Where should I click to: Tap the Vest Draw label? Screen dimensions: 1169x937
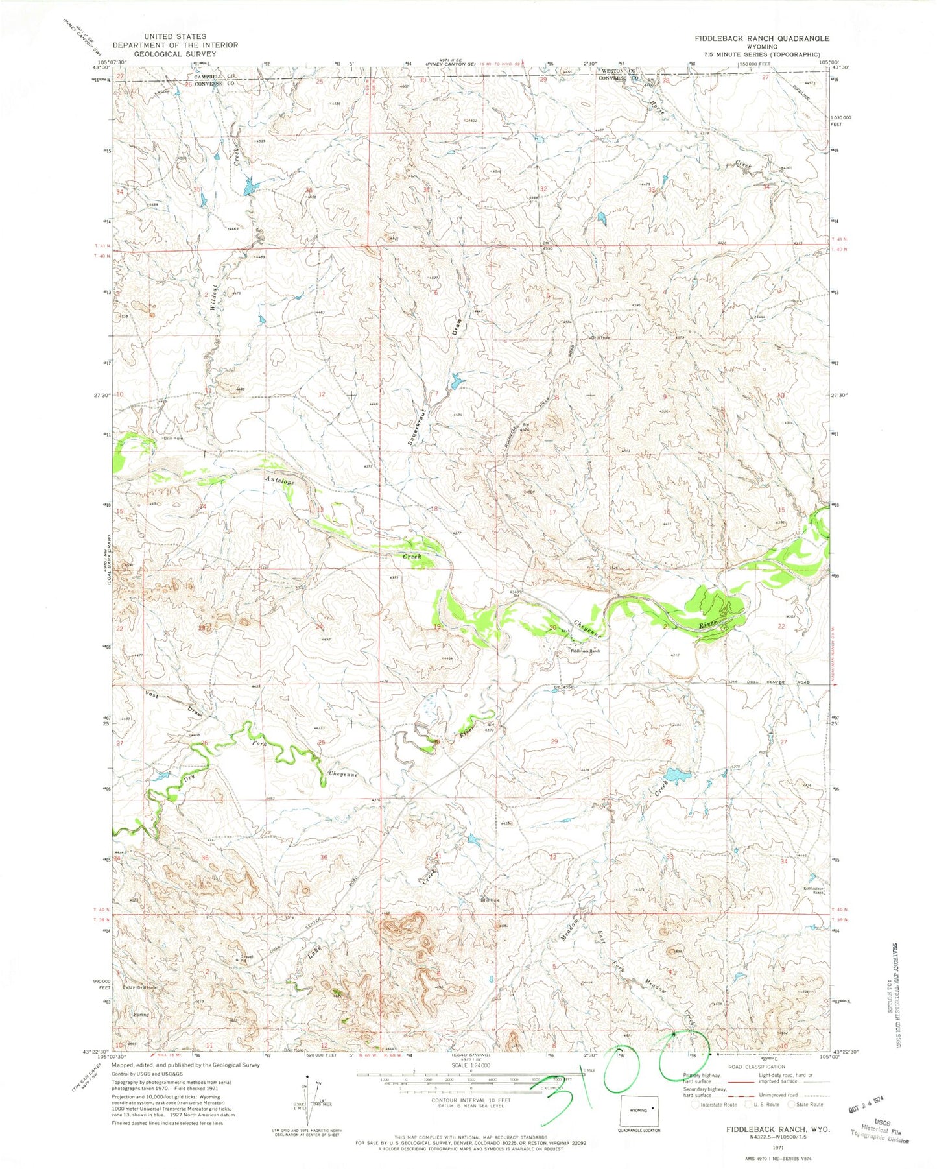pos(151,695)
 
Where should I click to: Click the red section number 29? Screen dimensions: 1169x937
pos(554,741)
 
